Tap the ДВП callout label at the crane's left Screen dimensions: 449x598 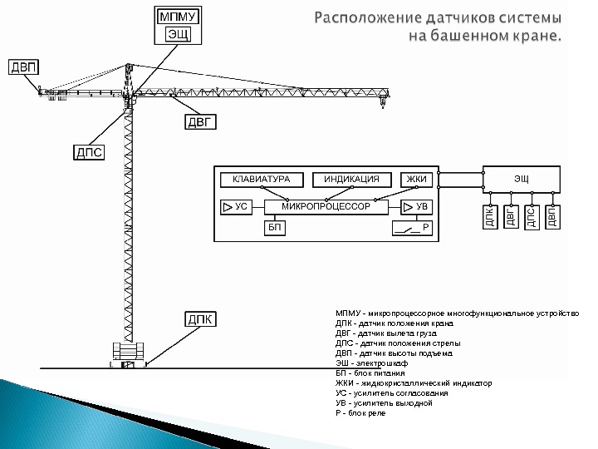(x=23, y=66)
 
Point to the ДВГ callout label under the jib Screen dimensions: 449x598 (x=199, y=123)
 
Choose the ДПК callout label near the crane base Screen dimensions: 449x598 (x=199, y=319)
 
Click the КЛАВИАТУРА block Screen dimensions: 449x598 (x=261, y=180)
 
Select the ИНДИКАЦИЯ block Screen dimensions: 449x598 (x=351, y=180)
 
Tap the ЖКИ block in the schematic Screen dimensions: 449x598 (x=415, y=180)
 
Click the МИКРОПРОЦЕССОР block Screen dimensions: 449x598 (x=326, y=205)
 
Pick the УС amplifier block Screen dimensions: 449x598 (x=236, y=205)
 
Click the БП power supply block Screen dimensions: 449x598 (x=275, y=226)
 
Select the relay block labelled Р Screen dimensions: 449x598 (x=412, y=227)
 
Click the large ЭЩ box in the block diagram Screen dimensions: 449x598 (x=521, y=180)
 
